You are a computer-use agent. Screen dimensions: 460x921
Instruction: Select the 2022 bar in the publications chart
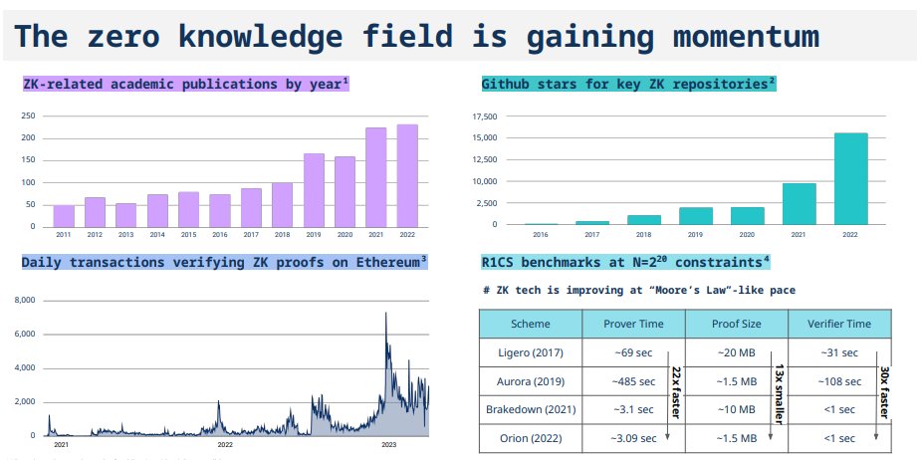(407, 175)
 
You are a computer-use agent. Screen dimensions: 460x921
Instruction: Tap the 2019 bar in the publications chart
(314, 190)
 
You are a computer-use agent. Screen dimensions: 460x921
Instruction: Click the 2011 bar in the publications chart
(64, 216)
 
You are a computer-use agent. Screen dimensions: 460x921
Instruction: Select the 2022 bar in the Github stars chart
(850, 178)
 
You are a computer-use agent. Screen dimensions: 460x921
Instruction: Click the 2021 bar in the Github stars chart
(800, 203)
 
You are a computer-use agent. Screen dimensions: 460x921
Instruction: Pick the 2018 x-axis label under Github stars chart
(644, 236)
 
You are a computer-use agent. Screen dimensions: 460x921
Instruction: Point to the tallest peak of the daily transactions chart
(386, 315)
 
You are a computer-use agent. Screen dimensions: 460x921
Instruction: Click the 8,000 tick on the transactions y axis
(26, 300)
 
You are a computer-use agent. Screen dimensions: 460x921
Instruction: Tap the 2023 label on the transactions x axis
(388, 445)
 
